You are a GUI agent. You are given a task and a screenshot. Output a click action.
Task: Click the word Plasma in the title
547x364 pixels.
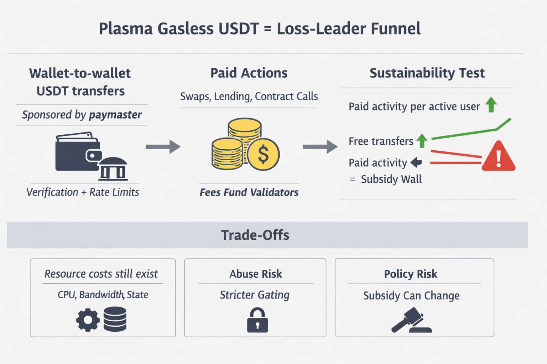coord(125,29)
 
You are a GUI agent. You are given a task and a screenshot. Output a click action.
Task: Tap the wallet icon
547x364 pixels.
coord(75,152)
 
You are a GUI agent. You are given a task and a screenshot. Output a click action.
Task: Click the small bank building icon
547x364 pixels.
coord(113,169)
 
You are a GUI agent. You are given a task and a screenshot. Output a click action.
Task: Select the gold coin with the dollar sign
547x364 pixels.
coord(263,154)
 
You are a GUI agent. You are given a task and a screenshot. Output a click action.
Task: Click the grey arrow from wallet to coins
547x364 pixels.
coord(163,146)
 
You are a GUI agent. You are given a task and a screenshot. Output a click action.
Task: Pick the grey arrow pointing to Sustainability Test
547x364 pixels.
coord(320,146)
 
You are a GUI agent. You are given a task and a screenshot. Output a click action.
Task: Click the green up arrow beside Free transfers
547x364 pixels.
coord(422,141)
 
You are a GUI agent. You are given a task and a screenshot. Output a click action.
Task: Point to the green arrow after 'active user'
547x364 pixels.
coord(491,105)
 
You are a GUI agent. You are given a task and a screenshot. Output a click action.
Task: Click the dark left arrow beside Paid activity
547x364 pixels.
coord(416,162)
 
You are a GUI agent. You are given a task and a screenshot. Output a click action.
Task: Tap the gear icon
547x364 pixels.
coord(88,320)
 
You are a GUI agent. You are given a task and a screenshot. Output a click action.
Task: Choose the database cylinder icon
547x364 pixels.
coord(115,319)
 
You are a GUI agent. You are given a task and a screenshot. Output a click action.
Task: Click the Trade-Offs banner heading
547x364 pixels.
coord(255,235)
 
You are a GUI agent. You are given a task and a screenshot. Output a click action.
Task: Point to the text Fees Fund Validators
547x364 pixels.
coord(249,192)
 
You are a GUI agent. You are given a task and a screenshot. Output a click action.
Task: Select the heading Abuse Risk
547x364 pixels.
coord(255,274)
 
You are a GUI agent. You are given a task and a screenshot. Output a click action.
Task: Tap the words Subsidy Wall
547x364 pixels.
coord(391,179)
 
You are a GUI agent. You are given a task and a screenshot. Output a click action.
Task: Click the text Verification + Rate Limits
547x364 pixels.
coord(83,192)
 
